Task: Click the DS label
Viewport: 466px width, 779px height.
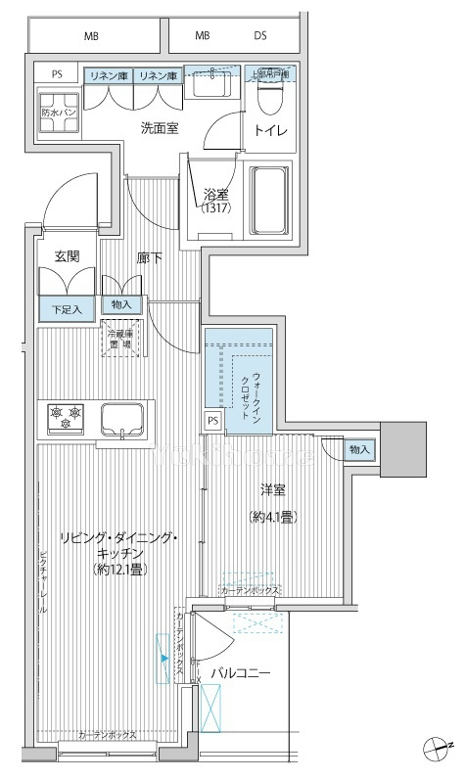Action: [260, 36]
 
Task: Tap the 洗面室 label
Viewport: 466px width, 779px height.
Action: [159, 128]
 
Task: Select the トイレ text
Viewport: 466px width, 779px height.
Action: [270, 129]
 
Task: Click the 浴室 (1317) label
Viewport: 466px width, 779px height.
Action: [216, 201]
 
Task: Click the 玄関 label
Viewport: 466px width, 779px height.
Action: [67, 256]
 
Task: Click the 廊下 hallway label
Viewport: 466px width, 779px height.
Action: [149, 257]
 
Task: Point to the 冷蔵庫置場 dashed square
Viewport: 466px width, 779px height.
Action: [122, 340]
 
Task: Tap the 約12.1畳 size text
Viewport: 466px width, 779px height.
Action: [119, 568]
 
